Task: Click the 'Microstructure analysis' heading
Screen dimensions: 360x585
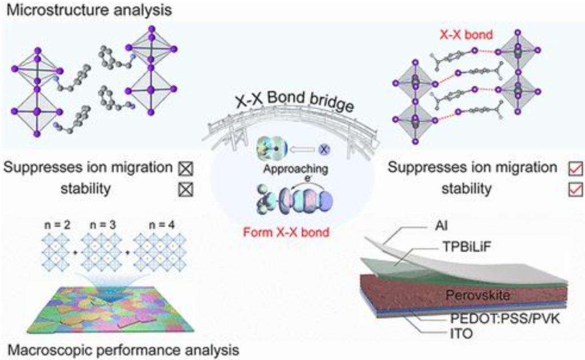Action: pos(79,10)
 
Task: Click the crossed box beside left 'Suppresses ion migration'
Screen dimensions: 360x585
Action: pos(186,169)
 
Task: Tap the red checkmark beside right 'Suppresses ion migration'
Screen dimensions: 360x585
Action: pos(573,169)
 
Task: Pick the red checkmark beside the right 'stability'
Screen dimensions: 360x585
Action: pos(573,190)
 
